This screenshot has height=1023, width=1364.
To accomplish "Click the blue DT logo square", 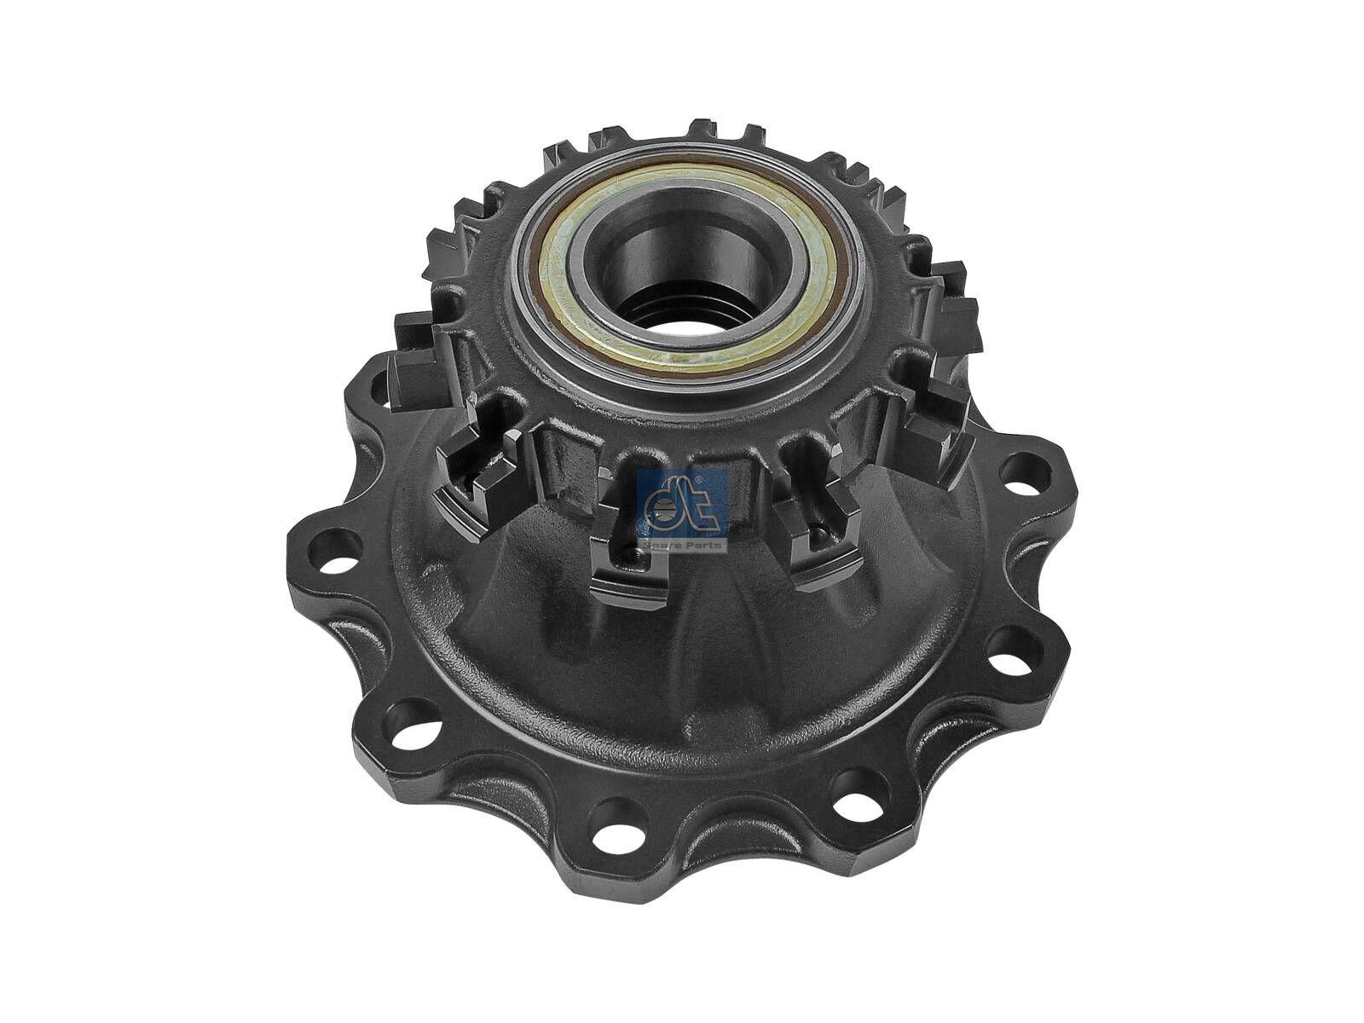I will tap(682, 503).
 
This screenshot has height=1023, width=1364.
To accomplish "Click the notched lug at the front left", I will tap(477, 477).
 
